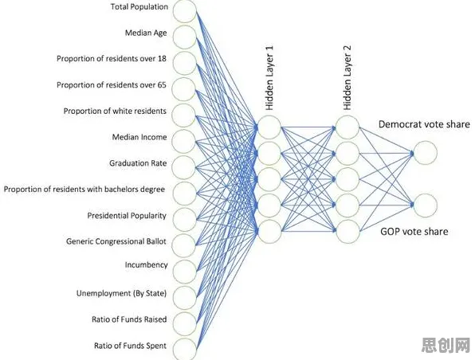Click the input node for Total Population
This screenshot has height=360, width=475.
pos(185,11)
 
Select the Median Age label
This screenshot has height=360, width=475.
pos(146,33)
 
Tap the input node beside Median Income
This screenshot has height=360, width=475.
pos(184,141)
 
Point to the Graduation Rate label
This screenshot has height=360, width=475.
pos(138,163)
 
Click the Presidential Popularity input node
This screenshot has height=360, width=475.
pos(184,220)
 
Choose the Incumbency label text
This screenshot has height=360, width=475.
pos(147,265)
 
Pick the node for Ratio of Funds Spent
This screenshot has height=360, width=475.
pos(185,350)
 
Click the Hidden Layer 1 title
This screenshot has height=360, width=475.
pos(269,78)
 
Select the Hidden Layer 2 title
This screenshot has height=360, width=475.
pos(347,78)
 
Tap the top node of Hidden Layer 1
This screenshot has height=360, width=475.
pos(269,127)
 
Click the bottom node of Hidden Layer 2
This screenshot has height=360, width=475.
pos(347,232)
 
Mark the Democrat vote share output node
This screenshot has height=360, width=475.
pos(426,153)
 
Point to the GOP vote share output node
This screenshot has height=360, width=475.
pos(426,205)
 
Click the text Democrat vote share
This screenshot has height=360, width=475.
pos(424,124)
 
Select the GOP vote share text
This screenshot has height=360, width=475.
pos(414,232)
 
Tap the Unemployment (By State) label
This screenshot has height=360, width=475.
pos(121,293)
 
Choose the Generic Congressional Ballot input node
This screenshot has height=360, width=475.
pos(184,245)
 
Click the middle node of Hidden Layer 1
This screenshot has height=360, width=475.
pos(269,179)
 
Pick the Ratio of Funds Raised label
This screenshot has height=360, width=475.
pos(129,319)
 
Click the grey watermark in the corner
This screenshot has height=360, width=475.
pos(446,346)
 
